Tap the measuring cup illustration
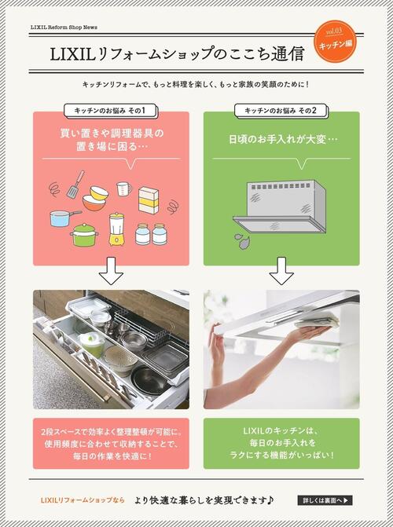(x=123, y=188)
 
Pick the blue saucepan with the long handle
(x=64, y=218)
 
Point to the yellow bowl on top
(x=98, y=192)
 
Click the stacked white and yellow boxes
(x=149, y=199)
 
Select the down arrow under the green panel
(x=281, y=272)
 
